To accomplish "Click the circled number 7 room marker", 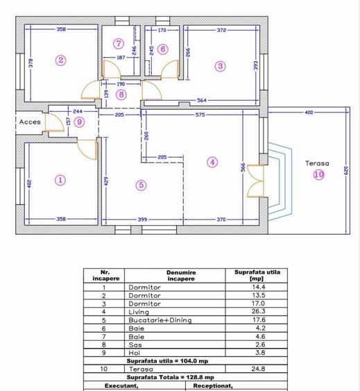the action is click(119, 43).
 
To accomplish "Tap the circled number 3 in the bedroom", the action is click(221, 66).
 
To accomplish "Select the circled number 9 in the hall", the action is click(80, 122).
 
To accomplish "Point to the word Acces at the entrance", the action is click(30, 122).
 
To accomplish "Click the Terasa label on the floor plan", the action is click(317, 163).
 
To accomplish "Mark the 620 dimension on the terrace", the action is click(346, 171).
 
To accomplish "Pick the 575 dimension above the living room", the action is click(200, 115).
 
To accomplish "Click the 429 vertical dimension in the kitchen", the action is click(106, 181).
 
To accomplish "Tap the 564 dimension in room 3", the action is click(202, 100).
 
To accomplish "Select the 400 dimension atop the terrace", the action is click(309, 113).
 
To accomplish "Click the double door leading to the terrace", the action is click(256, 181).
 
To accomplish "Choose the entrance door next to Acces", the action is click(55, 122).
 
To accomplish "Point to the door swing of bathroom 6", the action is click(170, 69).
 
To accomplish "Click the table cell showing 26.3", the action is click(258, 311).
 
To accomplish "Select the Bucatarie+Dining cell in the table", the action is click(160, 320).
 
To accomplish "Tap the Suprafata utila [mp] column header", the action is click(257, 275).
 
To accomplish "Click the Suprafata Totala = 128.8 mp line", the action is click(171, 377).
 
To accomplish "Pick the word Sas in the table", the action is click(135, 345).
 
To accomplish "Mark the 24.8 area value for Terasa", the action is click(258, 369).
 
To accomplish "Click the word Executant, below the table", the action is click(121, 385).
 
